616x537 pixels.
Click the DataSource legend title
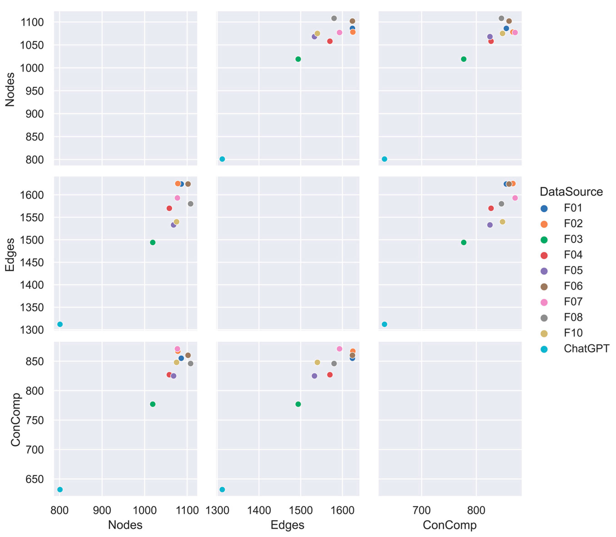point(571,192)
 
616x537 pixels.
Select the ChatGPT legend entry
point(586,348)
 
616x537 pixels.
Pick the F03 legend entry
point(573,239)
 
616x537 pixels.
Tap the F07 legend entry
point(573,302)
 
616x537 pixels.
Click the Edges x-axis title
point(287,525)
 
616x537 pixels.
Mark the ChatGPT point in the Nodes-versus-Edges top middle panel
point(222,159)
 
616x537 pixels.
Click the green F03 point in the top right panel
point(464,59)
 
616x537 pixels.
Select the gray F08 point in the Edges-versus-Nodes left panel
point(191,204)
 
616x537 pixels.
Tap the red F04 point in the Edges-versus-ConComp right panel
point(491,208)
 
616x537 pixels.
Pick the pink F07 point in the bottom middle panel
point(340,349)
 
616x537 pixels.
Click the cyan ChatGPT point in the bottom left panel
point(60,490)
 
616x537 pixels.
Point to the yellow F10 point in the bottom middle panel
point(317,362)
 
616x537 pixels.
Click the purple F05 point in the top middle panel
point(314,37)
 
